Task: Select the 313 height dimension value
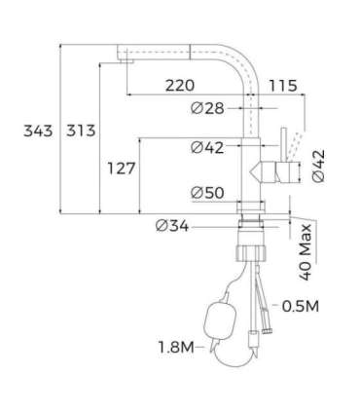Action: [81, 131]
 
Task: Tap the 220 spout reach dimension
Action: [179, 86]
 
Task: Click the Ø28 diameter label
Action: [207, 108]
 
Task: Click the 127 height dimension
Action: [120, 169]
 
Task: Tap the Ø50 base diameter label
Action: [207, 192]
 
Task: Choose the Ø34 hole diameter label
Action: [171, 226]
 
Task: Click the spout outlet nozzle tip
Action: [126, 60]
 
